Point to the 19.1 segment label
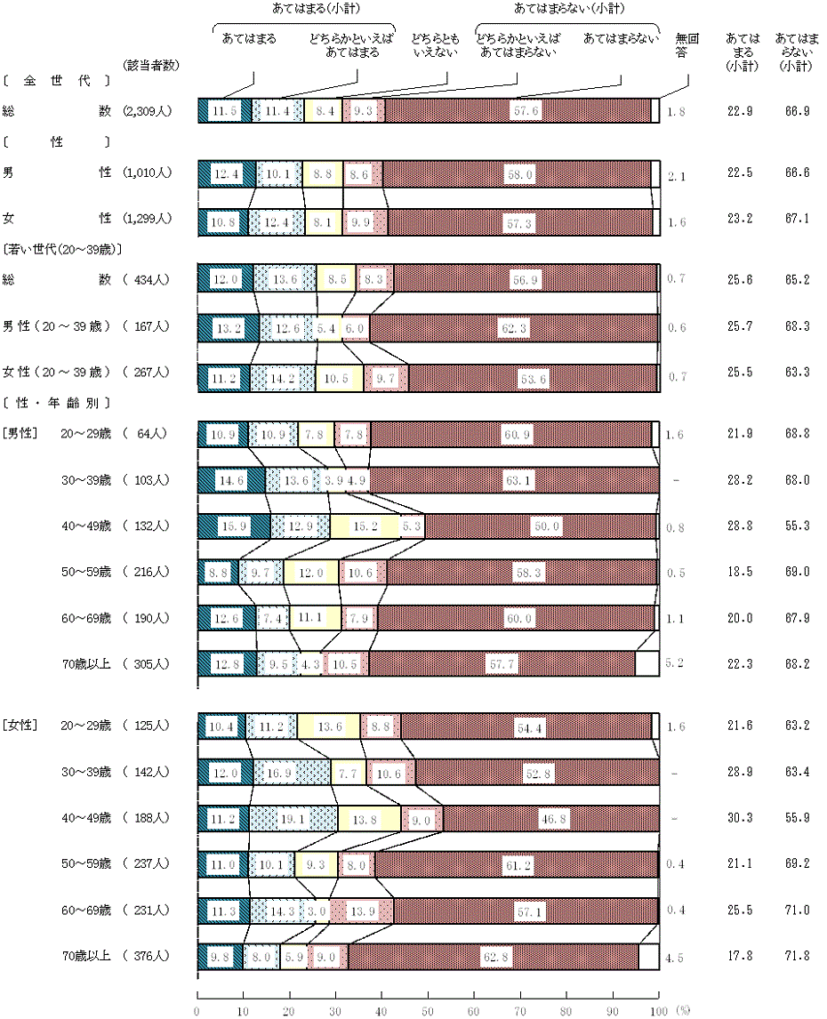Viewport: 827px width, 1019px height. click(x=296, y=817)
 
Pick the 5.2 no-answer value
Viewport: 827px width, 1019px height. click(x=676, y=662)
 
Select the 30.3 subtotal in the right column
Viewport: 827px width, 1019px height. click(x=740, y=818)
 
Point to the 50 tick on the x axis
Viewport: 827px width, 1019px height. click(x=428, y=1011)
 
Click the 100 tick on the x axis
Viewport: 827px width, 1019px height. click(x=659, y=1011)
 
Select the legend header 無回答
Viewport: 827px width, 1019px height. click(x=686, y=45)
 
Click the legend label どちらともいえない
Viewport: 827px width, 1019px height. click(x=433, y=45)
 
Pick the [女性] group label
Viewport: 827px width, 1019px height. click(x=19, y=725)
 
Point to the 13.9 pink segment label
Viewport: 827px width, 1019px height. click(x=362, y=910)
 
